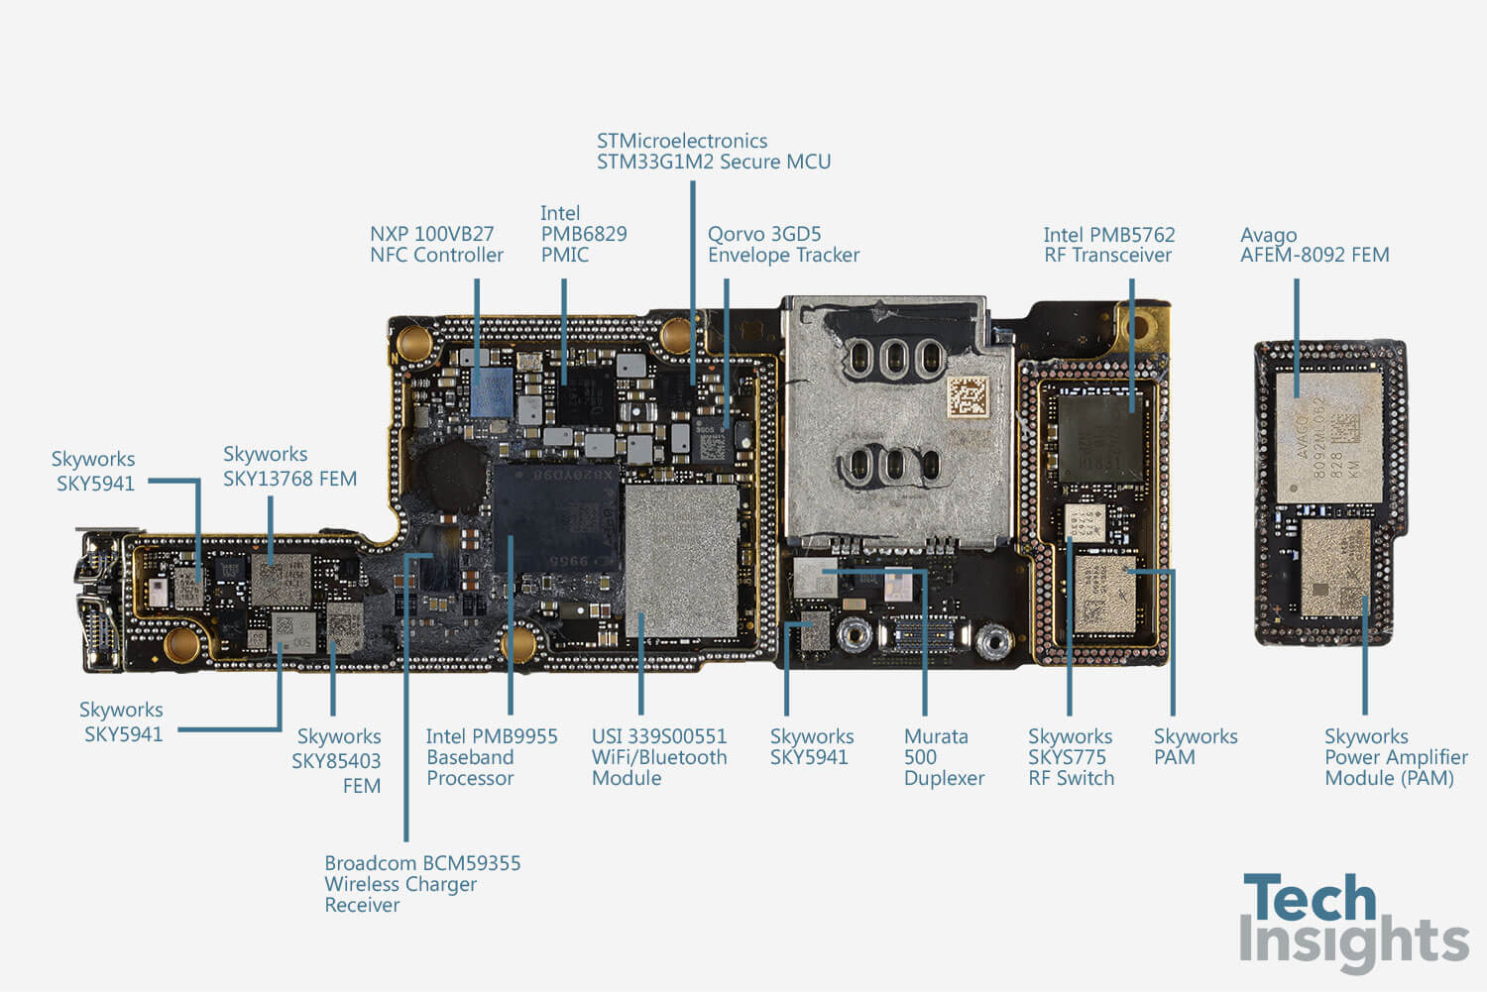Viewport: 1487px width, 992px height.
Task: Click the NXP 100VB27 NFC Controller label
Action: point(436,245)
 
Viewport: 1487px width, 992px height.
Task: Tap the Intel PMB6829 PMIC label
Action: point(583,234)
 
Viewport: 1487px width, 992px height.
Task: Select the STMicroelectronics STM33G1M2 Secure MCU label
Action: point(713,152)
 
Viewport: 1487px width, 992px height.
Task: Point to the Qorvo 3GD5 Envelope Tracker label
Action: point(782,245)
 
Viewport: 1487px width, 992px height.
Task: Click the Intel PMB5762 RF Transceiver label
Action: point(1108,245)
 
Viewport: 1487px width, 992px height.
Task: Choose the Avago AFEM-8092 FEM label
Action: point(1314,245)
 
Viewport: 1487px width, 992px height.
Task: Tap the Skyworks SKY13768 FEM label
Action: point(289,467)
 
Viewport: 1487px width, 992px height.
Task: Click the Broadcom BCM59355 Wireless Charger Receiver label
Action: point(421,884)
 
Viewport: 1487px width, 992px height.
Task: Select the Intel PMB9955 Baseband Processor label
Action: point(491,757)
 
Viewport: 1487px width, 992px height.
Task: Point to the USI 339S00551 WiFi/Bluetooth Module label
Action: point(658,757)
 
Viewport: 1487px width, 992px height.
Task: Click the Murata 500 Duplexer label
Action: point(943,757)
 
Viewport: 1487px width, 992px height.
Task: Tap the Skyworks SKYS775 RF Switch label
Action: point(1071,757)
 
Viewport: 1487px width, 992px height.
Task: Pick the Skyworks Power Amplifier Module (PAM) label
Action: point(1395,757)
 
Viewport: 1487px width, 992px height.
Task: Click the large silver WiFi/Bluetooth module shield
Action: point(682,560)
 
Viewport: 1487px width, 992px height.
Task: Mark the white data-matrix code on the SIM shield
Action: point(968,396)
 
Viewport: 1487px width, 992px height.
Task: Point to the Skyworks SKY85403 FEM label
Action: point(337,761)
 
